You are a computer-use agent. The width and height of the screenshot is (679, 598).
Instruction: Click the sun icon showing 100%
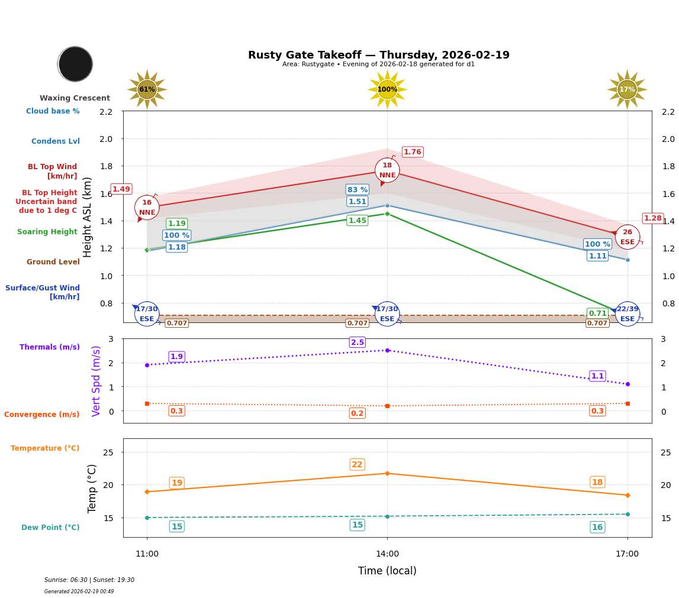387,89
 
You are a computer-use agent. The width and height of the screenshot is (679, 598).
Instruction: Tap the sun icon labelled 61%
147,89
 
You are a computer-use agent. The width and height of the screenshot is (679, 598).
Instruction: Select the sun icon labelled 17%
627,89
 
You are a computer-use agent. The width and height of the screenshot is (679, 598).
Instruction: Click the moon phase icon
75,64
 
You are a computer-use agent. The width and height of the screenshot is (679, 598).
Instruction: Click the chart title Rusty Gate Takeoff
378,55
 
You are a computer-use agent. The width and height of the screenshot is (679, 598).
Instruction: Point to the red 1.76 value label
412,152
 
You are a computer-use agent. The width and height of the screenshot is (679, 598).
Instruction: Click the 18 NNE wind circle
387,170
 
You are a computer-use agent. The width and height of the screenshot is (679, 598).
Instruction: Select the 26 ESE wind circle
627,237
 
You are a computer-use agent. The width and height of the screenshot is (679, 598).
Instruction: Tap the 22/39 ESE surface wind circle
627,314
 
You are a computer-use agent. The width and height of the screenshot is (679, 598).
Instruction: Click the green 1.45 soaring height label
357,221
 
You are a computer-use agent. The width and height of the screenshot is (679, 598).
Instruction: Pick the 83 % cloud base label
357,190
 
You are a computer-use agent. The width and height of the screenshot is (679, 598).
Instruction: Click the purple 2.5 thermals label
357,342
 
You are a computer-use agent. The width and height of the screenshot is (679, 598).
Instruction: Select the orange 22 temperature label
357,465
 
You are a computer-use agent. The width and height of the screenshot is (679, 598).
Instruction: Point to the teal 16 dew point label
597,528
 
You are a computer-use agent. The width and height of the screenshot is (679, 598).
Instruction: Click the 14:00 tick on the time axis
387,554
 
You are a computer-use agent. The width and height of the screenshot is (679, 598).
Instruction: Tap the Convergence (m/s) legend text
42,415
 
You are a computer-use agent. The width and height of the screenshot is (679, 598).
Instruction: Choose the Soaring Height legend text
47,232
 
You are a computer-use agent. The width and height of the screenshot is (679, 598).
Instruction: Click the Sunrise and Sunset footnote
89,580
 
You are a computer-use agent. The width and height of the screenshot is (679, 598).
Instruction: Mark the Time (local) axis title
387,571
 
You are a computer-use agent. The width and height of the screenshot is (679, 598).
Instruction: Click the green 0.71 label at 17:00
597,313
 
